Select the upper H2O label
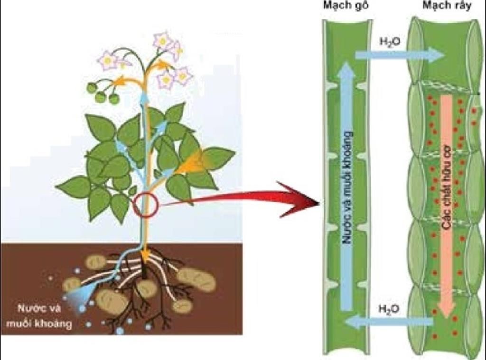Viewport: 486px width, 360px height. [390, 42]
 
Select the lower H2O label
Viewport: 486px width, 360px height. [389, 308]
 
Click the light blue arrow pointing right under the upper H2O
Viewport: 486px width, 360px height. [399, 55]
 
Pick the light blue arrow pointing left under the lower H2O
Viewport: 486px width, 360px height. [389, 323]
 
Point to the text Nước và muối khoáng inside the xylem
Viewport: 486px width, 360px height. [347, 187]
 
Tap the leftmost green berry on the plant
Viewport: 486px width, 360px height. [92, 88]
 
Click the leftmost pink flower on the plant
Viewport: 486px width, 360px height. [107, 60]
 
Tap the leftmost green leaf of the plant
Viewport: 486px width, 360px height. [74, 186]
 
